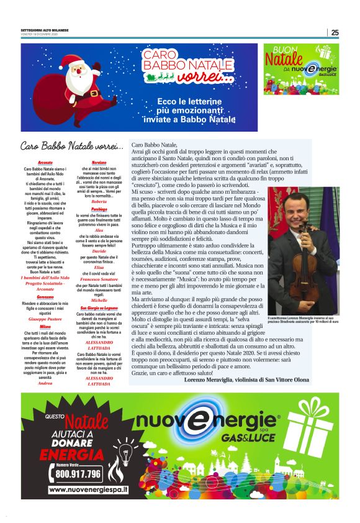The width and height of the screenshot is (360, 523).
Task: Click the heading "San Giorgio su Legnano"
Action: click(x=99, y=308)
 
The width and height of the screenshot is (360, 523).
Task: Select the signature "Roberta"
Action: click(x=99, y=202)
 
